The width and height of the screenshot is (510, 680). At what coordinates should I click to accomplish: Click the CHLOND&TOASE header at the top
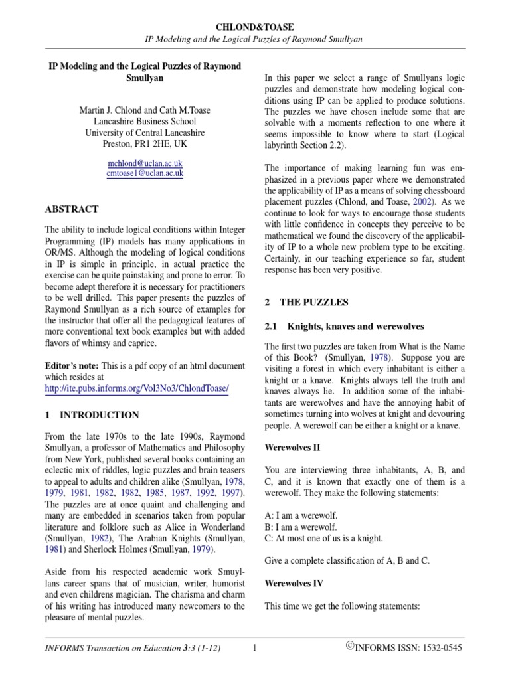pos(254,26)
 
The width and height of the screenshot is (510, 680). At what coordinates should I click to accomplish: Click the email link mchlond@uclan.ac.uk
pos(145,163)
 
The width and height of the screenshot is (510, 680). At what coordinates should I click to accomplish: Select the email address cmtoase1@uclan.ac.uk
pos(145,173)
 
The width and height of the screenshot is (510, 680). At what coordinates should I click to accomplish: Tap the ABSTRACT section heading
pos(72,209)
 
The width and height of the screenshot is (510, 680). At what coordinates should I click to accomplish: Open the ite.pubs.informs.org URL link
pos(136,390)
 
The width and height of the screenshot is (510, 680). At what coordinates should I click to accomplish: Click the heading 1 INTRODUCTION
pos(92,415)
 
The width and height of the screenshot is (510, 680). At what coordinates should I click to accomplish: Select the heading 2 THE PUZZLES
pos(306,302)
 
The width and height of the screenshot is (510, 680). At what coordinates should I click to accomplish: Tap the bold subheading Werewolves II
pos(292,448)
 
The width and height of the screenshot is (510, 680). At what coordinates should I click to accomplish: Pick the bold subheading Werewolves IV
pos(294,583)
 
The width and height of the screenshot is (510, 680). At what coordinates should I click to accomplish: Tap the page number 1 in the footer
pos(254,647)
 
